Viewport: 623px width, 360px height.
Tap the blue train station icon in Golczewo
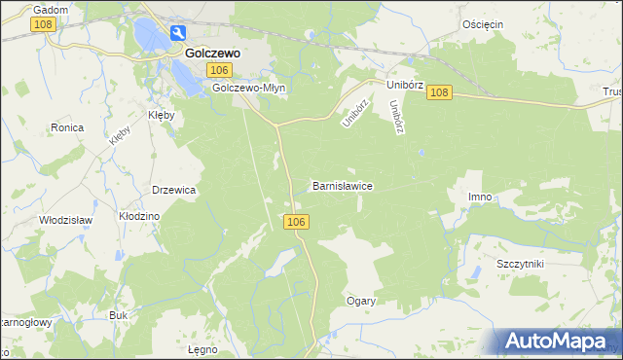pos(179,33)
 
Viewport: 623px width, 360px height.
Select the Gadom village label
pos(51,9)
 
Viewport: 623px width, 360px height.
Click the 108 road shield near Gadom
pos(42,24)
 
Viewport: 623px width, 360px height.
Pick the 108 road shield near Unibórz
pos(439,92)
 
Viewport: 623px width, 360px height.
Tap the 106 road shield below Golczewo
pos(220,70)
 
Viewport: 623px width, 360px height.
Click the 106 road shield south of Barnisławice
pos(298,223)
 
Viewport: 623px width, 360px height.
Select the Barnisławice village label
pos(342,185)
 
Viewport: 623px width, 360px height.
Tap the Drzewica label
pos(174,190)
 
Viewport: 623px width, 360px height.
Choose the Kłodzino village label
pos(138,216)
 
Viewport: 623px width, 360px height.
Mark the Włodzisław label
pos(64,220)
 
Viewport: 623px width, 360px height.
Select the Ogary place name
pos(361,301)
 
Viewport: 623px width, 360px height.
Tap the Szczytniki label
pos(519,265)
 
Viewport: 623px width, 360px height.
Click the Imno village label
pos(480,198)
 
